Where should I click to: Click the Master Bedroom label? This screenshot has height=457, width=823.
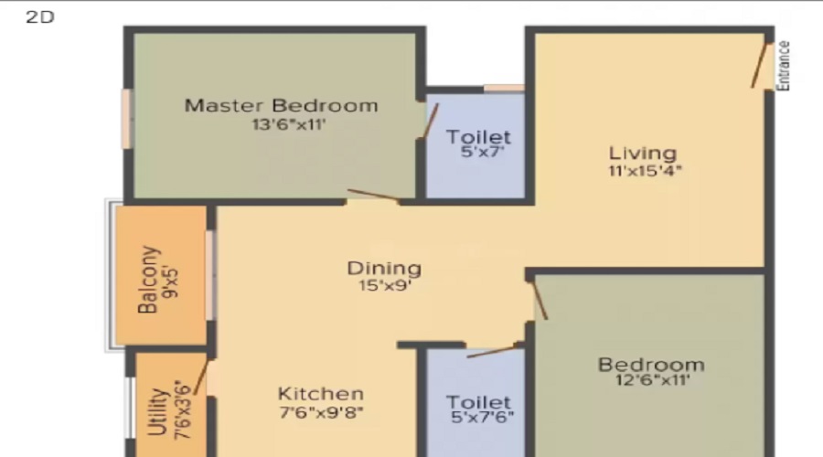(x=281, y=105)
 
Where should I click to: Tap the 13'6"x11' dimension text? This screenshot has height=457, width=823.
(x=289, y=125)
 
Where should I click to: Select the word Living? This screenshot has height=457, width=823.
(x=643, y=154)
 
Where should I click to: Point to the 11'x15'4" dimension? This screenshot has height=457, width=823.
(x=645, y=171)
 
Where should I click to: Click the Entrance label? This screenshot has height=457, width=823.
(x=783, y=66)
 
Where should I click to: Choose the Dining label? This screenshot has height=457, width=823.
(x=384, y=269)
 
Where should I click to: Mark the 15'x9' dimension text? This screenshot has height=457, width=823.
(x=385, y=286)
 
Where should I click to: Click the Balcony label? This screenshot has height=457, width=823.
(x=147, y=280)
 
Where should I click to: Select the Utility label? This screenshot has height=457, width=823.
(x=157, y=412)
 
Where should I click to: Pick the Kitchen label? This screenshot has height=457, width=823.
(x=320, y=394)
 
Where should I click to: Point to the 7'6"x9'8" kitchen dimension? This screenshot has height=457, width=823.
(x=321, y=412)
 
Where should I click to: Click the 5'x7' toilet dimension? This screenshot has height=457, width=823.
(x=482, y=152)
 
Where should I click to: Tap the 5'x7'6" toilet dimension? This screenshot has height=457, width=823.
(x=482, y=417)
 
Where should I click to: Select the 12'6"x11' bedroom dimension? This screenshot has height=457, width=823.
(x=652, y=380)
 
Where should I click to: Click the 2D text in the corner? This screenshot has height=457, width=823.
(x=40, y=17)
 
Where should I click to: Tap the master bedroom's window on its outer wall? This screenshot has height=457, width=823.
(x=126, y=119)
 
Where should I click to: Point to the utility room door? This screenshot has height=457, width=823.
(x=200, y=377)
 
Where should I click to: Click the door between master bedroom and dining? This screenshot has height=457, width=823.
(x=373, y=195)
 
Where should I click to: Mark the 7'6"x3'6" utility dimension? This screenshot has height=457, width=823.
(x=183, y=409)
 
